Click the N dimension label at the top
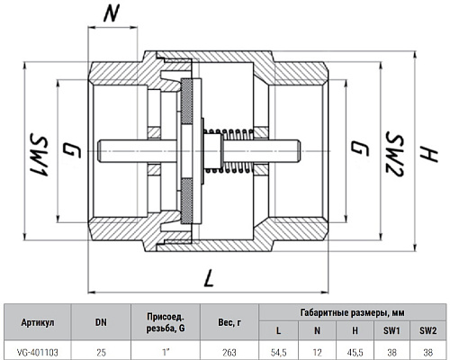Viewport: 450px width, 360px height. pyautogui.click(x=112, y=13)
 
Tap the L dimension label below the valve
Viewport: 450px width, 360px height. pyautogui.click(x=208, y=277)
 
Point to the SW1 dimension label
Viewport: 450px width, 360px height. pyautogui.click(x=38, y=157)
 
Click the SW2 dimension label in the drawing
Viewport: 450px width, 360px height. pyautogui.click(x=394, y=153)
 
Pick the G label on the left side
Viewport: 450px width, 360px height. pyautogui.click(x=72, y=150)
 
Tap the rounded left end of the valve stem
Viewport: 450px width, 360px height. pyautogui.click(x=100, y=151)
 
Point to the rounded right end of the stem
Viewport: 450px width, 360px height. pyautogui.click(x=298, y=151)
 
